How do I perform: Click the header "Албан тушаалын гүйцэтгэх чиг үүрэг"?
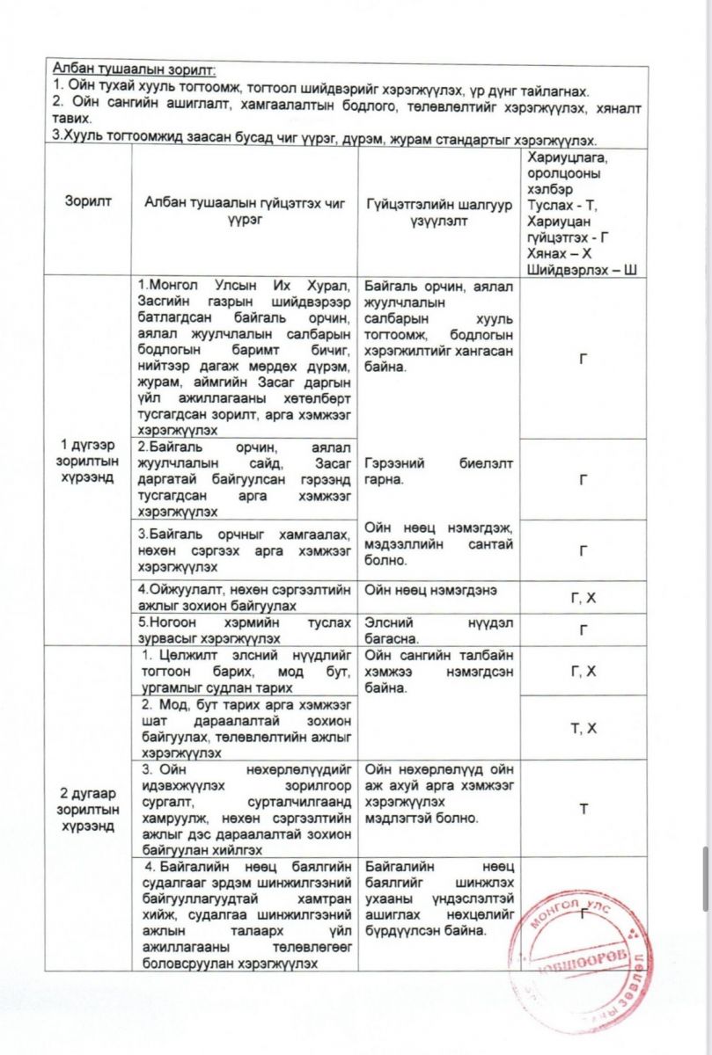click(x=246, y=211)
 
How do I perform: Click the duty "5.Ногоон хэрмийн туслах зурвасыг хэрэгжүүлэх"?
click(x=246, y=629)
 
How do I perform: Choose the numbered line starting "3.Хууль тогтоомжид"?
click(x=326, y=139)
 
